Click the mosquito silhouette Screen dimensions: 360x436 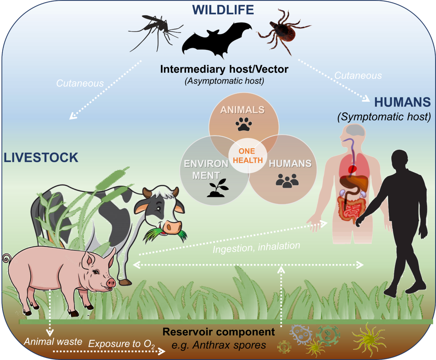[x=153, y=31]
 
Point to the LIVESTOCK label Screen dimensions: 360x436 [x=41, y=158]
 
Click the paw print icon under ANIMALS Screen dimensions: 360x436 [x=243, y=125]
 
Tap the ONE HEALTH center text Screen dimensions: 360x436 [x=247, y=155]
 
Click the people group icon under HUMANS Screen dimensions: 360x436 [x=287, y=180]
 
